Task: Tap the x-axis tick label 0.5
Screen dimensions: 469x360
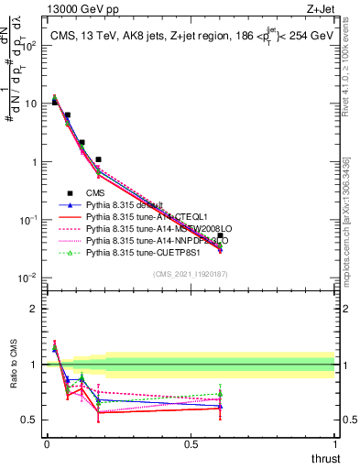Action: (x=191, y=444)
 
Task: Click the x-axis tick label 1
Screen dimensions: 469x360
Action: (x=334, y=444)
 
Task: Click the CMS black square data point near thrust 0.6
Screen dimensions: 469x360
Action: (x=220, y=235)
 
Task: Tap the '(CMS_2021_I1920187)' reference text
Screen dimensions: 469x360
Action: (x=191, y=274)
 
